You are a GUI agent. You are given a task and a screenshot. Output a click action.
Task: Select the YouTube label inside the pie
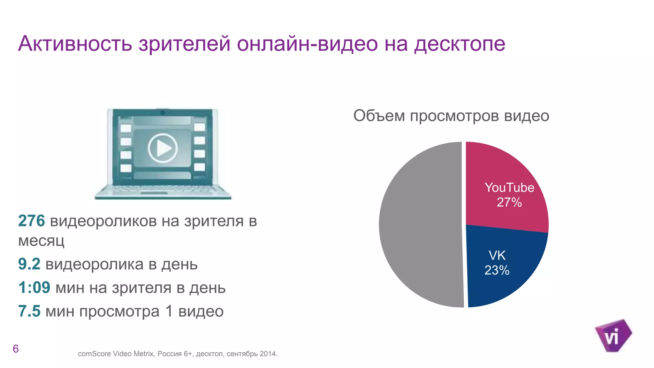point(509,188)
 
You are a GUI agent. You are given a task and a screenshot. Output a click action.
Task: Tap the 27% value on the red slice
point(509,202)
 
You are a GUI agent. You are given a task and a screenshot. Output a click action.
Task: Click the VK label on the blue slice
point(497,256)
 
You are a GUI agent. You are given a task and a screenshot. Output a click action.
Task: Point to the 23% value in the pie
point(497,270)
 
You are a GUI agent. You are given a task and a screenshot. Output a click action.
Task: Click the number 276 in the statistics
point(31,221)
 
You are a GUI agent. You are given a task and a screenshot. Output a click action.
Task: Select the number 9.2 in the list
point(29,264)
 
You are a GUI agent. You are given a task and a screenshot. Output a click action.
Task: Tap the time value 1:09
point(34,287)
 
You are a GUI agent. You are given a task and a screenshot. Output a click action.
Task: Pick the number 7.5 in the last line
point(29,311)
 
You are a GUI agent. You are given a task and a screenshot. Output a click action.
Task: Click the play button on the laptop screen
point(163,148)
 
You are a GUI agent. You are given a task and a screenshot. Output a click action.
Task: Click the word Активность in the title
point(75,44)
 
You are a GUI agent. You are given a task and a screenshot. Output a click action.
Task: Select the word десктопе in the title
point(460,44)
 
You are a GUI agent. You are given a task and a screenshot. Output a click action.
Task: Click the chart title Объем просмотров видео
point(451,116)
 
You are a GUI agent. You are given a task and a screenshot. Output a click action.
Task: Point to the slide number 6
point(16,349)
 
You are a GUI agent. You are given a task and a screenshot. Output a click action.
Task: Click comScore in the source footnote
point(94,354)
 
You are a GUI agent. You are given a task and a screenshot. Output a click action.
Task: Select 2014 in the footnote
point(268,354)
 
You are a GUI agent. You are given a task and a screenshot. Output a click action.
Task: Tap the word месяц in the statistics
point(41,241)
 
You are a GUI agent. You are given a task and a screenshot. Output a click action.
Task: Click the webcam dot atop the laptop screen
point(163,112)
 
